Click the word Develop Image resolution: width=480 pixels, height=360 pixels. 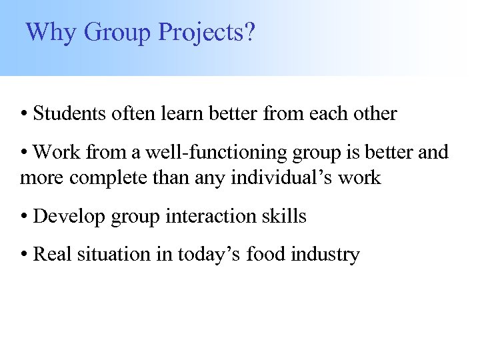pyautogui.click(x=65, y=216)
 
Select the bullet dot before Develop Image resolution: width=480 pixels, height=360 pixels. pyautogui.click(x=24, y=217)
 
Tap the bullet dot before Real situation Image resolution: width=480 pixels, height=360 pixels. pyautogui.click(x=24, y=255)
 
